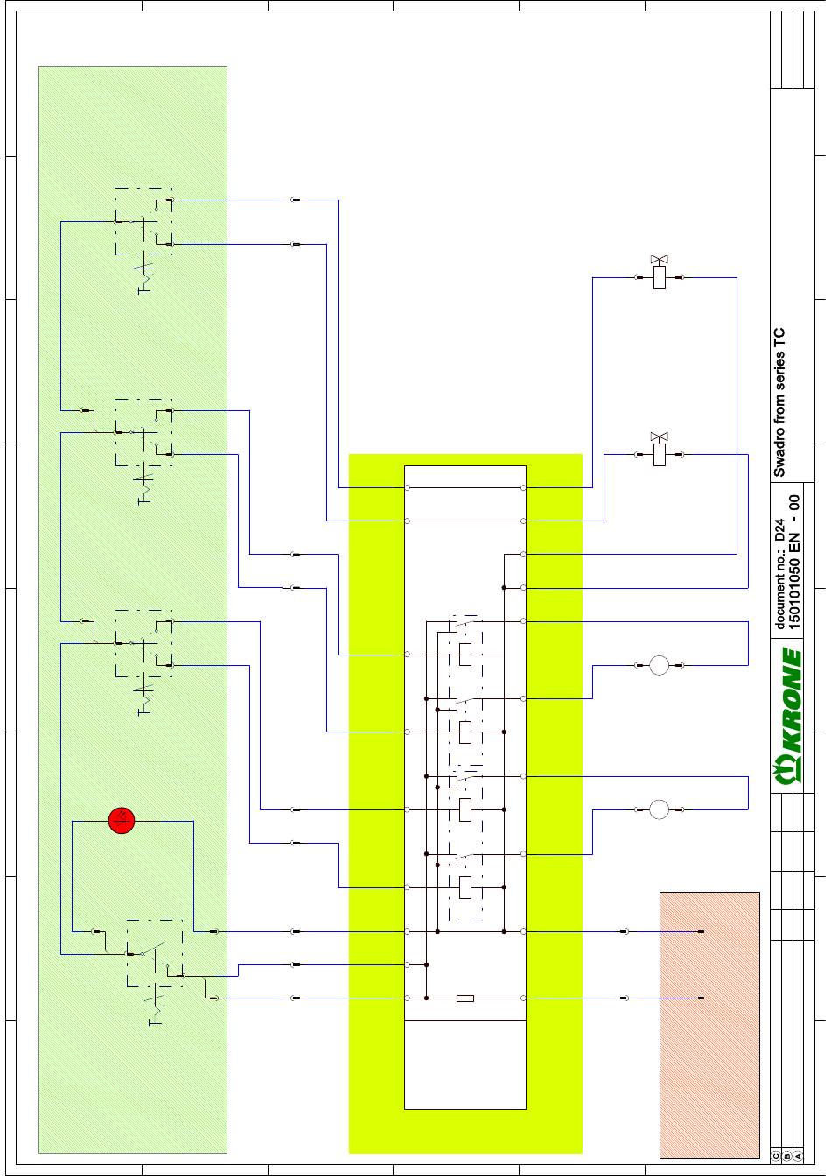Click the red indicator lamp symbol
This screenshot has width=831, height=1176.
122,820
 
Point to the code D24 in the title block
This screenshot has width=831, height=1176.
779,529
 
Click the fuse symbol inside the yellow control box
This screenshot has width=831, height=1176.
465,998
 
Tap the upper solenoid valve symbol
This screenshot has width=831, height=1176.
660,273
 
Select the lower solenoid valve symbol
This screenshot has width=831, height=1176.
660,451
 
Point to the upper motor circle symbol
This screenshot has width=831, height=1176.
660,665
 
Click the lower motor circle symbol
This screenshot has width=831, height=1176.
660,809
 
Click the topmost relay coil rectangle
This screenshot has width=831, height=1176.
465,654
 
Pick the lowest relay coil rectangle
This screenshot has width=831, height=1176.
465,887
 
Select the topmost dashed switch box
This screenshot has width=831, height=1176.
143,221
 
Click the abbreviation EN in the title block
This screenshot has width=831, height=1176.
795,542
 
